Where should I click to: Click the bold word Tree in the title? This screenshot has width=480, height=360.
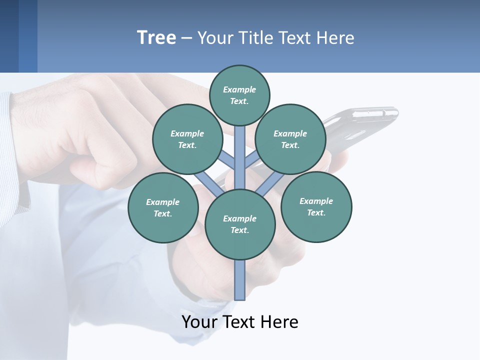[156, 37]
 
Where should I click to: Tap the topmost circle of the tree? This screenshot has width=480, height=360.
[239, 95]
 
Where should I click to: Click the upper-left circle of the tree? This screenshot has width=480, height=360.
[187, 139]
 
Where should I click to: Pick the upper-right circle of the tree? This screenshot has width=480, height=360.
[290, 139]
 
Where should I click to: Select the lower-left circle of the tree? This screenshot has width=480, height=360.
[163, 207]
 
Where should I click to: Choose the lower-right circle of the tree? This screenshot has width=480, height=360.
[316, 206]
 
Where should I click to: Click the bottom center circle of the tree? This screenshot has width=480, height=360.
[240, 224]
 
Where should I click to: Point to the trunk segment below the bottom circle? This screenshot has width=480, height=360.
[240, 280]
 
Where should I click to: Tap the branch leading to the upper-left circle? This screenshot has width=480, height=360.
[227, 161]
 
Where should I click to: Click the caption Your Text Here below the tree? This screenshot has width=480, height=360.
[240, 322]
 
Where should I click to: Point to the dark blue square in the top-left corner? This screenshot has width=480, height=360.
[18, 36]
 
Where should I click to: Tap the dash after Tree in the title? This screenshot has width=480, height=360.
[186, 38]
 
